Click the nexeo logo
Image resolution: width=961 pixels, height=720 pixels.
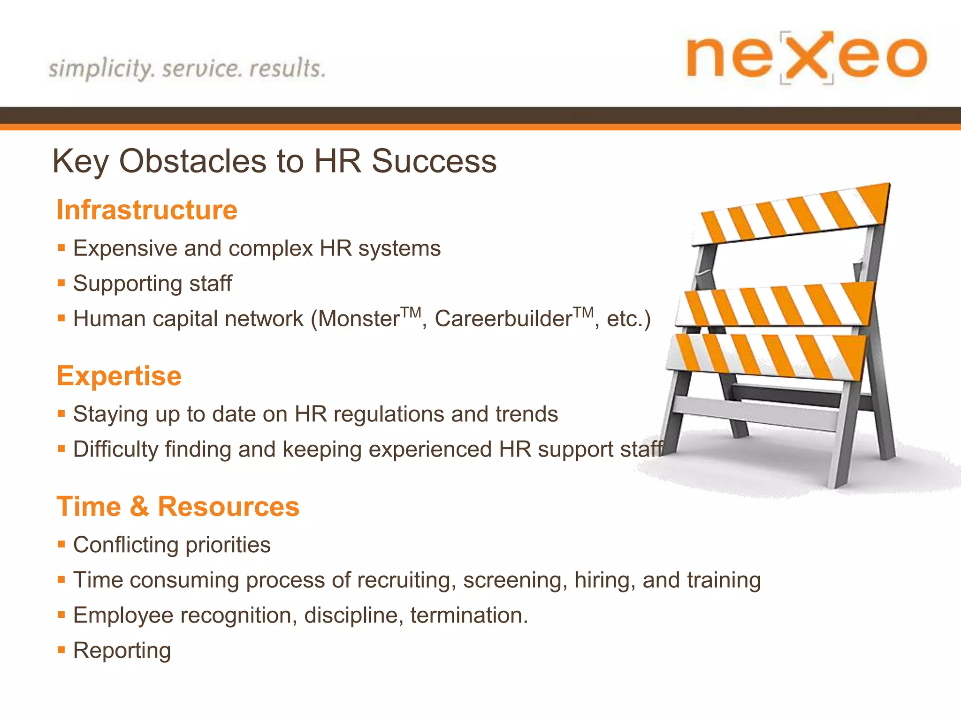pyautogui.click(x=806, y=57)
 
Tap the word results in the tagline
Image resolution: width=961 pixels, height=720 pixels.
pyautogui.click(x=287, y=68)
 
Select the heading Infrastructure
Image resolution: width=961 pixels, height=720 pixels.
pyautogui.click(x=147, y=210)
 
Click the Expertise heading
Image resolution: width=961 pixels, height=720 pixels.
pyautogui.click(x=119, y=376)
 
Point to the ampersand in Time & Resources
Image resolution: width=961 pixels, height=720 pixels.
pyautogui.click(x=139, y=507)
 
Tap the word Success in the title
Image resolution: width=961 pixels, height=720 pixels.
pyautogui.click(x=434, y=161)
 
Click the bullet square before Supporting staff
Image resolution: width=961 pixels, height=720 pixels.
pyautogui.click(x=61, y=283)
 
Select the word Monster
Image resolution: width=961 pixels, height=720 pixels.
pyautogui.click(x=359, y=319)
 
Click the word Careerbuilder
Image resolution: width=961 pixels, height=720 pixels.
pyautogui.click(x=503, y=319)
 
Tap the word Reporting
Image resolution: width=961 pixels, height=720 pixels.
pyautogui.click(x=122, y=651)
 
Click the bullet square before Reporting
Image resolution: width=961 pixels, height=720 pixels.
pyautogui.click(x=61, y=650)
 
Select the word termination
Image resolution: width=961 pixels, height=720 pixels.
pyautogui.click(x=468, y=615)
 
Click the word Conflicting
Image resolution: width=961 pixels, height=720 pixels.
pyautogui.click(x=125, y=545)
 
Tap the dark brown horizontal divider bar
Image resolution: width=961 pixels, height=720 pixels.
pyautogui.click(x=480, y=115)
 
